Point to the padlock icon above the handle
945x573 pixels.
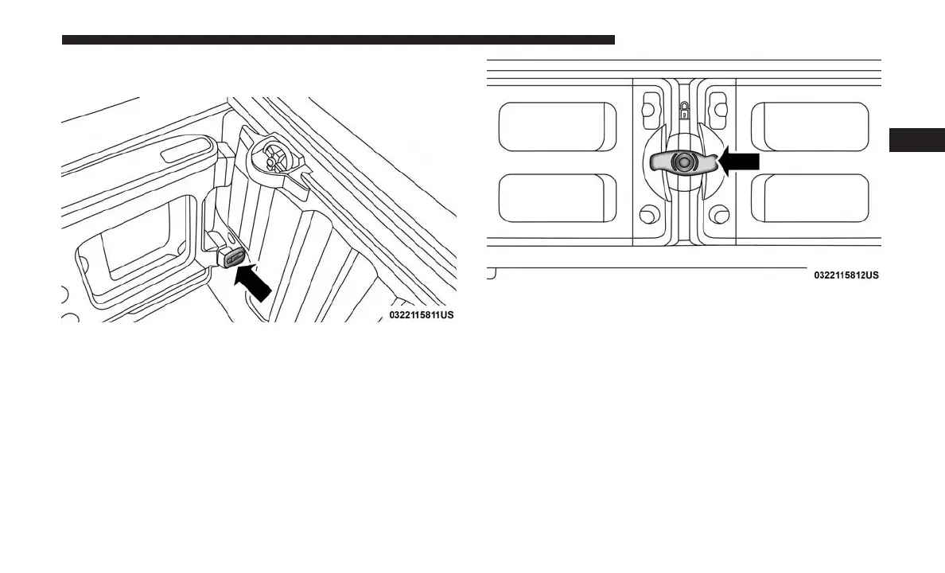684,108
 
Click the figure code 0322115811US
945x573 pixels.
422,315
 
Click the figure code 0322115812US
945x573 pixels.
846,275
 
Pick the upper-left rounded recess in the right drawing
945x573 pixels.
557,127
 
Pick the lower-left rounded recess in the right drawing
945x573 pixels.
557,197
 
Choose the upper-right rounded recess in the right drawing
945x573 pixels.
810,127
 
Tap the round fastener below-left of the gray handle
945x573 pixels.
649,213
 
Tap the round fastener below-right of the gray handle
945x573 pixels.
719,213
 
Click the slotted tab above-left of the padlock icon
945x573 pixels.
650,103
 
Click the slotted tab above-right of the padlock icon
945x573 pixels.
718,103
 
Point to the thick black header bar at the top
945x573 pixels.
338,39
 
